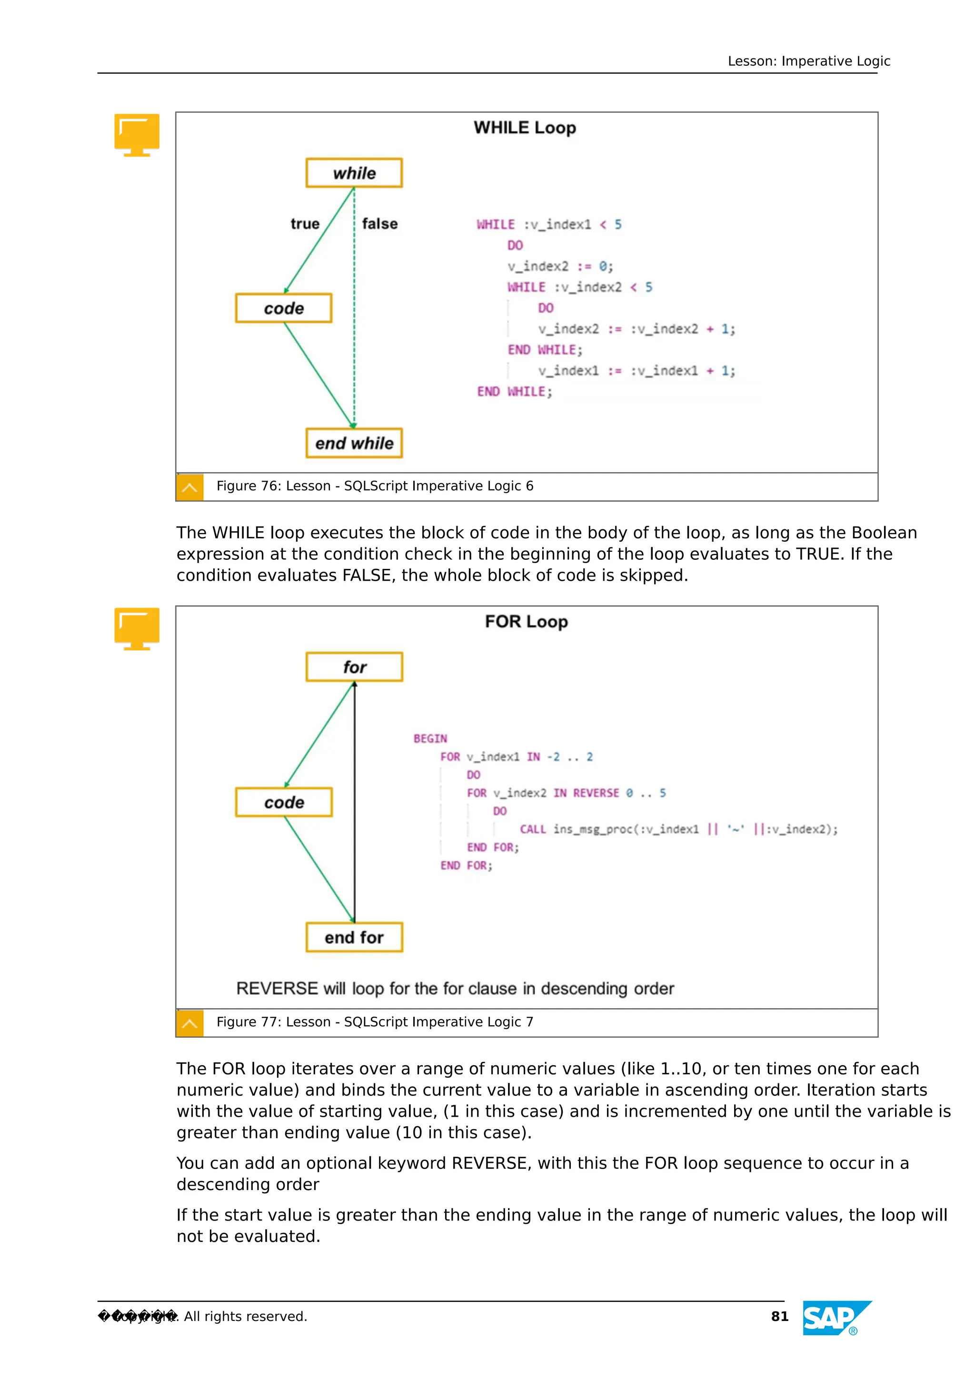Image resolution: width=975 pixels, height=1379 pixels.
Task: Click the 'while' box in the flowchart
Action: (x=354, y=173)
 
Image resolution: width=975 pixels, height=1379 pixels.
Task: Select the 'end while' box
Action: (x=354, y=443)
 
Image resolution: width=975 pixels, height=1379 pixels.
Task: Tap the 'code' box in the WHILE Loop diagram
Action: (x=284, y=308)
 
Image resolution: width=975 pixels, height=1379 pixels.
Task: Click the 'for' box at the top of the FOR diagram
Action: (x=354, y=667)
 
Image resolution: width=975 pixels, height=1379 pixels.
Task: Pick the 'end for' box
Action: (x=354, y=938)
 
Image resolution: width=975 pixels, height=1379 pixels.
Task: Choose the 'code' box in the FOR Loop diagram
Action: (x=284, y=803)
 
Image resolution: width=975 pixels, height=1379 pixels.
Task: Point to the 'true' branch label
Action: (x=305, y=224)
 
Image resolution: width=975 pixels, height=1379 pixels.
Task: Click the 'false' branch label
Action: (x=379, y=224)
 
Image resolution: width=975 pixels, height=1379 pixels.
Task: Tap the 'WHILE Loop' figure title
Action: (x=525, y=128)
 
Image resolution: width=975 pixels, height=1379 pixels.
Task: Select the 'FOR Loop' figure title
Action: (x=526, y=622)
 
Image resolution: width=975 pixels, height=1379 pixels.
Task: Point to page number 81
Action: (x=779, y=1317)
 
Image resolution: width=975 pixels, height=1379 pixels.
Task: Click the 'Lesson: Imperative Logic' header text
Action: (x=808, y=61)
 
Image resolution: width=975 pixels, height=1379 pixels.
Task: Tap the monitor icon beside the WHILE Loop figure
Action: (x=137, y=135)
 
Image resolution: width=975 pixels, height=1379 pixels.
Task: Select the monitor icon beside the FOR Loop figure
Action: (x=137, y=628)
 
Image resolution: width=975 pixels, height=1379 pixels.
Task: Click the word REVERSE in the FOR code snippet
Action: (x=596, y=794)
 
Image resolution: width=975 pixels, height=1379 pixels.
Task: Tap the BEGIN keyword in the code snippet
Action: (x=430, y=739)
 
